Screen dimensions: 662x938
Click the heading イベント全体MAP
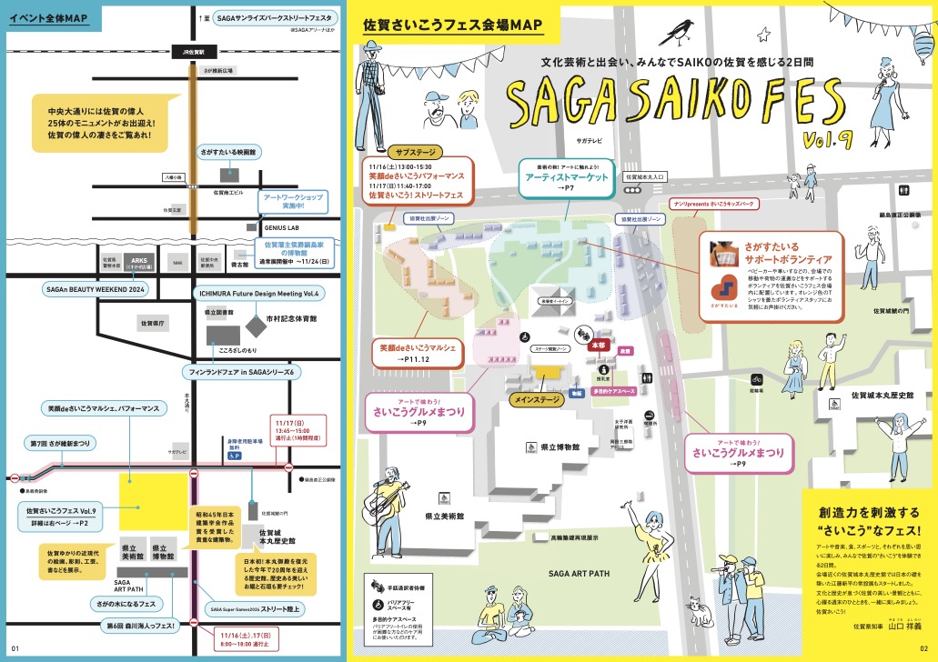[x=50, y=18]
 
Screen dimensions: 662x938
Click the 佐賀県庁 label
[x=150, y=323]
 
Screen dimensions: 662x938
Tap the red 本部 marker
[x=597, y=346]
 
